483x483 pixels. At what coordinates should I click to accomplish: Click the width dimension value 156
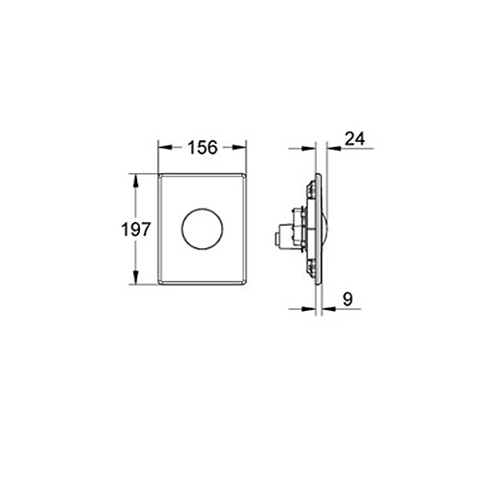(x=203, y=148)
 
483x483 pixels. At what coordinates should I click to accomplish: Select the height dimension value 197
(x=135, y=230)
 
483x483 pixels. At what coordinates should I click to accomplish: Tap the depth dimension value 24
(x=355, y=139)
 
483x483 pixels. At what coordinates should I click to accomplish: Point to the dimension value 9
(x=348, y=299)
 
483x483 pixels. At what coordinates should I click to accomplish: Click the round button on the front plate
(x=202, y=229)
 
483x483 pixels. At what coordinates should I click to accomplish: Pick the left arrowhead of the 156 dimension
(x=164, y=148)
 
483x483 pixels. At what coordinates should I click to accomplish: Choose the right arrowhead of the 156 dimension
(x=240, y=148)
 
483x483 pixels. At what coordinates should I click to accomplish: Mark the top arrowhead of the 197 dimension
(x=135, y=181)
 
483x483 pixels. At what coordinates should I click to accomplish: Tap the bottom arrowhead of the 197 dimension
(x=135, y=278)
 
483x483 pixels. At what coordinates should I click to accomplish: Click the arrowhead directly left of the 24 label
(x=333, y=148)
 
